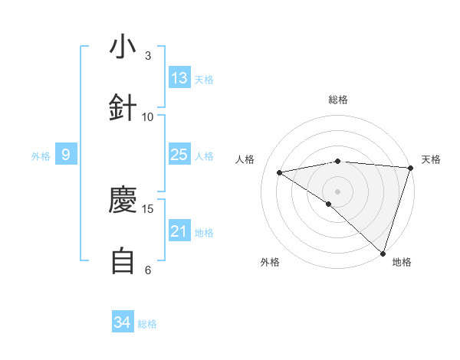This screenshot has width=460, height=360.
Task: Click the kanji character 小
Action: (x=123, y=47)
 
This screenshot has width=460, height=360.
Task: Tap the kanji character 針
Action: (x=123, y=108)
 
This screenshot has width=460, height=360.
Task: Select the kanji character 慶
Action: (x=123, y=201)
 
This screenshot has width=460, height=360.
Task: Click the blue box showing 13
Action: (x=179, y=78)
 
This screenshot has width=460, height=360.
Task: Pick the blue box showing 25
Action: (x=179, y=155)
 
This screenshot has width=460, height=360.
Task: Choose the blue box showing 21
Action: (x=179, y=231)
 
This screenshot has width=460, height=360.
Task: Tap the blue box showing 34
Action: (x=123, y=322)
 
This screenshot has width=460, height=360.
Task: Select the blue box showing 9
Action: (x=66, y=155)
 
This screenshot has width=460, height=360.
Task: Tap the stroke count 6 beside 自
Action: (x=147, y=270)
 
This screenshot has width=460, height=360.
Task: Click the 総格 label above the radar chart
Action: (x=337, y=100)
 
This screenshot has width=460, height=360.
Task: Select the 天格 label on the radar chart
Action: (x=431, y=159)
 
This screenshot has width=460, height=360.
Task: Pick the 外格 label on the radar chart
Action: (x=270, y=262)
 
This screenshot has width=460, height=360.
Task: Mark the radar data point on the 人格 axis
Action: (x=280, y=172)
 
